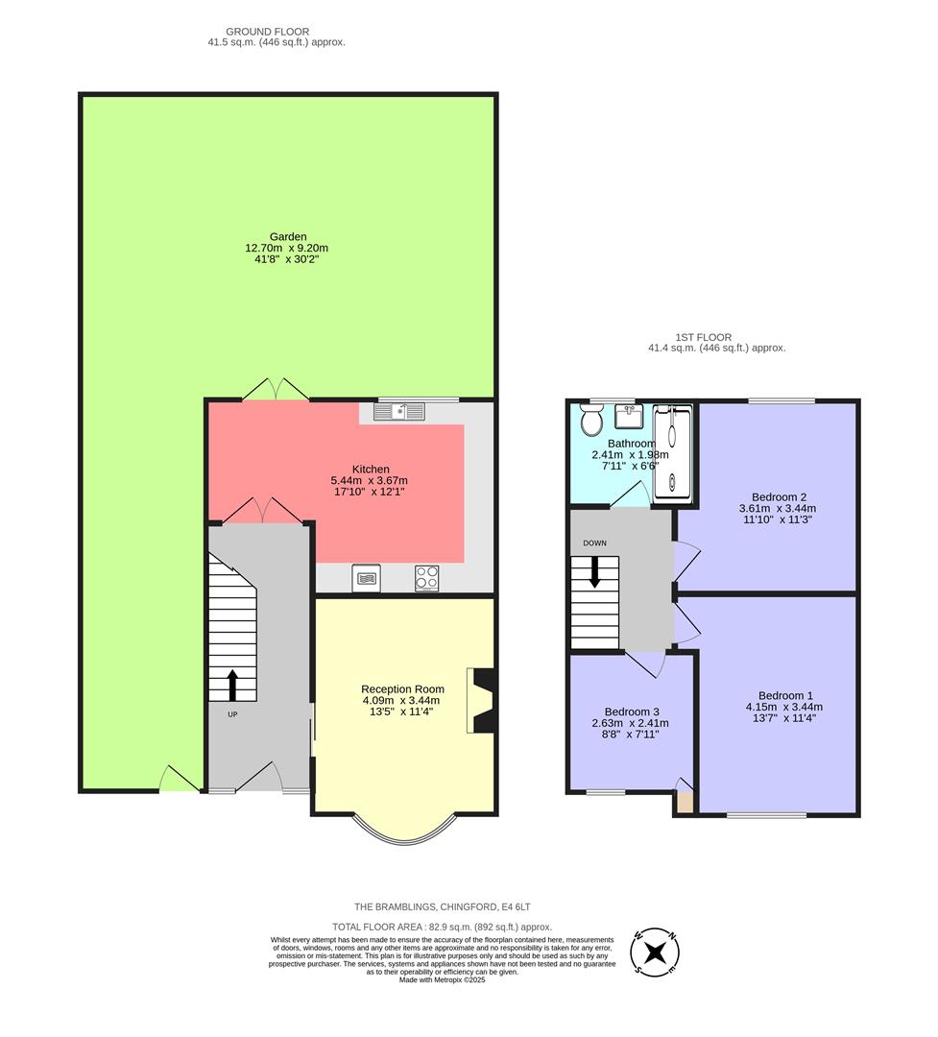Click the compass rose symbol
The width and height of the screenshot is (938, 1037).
coord(655,953)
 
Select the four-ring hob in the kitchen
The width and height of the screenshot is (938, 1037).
coord(427,578)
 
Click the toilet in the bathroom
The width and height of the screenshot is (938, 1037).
coord(590,420)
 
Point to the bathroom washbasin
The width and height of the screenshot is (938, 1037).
coord(630,417)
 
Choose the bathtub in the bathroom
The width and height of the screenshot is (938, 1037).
coord(671,452)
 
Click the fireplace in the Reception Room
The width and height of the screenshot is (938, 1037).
coord(479,701)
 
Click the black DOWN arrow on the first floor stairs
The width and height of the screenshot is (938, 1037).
coord(595,573)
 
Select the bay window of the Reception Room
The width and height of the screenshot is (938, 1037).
coord(402,830)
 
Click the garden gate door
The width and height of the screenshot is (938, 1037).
coord(180,780)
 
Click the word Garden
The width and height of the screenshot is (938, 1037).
coord(287,236)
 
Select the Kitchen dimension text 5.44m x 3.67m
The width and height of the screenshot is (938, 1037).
coord(370,480)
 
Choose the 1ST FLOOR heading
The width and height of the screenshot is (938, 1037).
coord(703,337)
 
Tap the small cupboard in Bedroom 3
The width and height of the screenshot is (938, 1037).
coord(684,803)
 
